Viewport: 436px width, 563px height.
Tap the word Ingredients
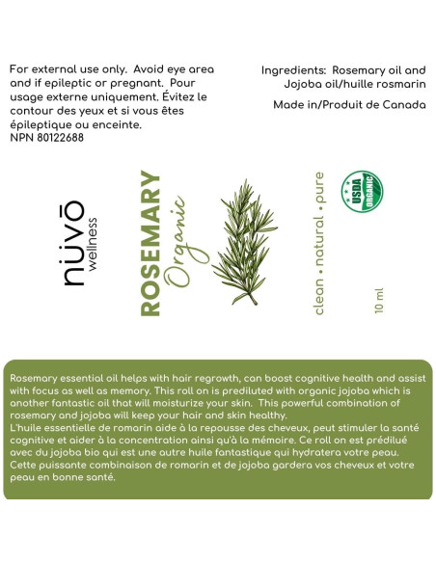click(x=293, y=70)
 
